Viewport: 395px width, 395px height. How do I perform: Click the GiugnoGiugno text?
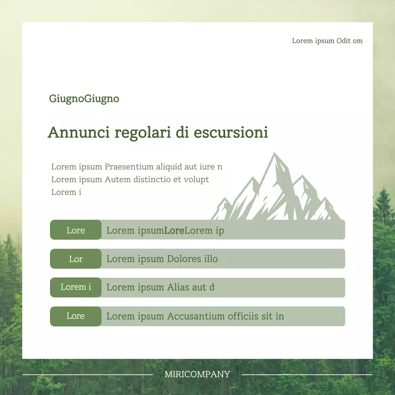tap(84, 99)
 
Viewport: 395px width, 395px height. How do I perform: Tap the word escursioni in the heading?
tap(231, 132)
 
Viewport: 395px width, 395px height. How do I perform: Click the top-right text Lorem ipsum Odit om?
tap(327, 41)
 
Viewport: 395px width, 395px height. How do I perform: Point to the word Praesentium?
tap(129, 167)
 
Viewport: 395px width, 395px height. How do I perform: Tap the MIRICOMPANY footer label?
tap(197, 374)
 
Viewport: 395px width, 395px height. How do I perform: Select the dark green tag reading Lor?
tap(76, 259)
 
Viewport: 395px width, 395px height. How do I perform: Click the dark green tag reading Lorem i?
tap(76, 287)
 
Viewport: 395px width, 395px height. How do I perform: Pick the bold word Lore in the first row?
tap(174, 230)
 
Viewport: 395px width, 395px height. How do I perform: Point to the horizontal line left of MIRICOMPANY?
tap(88, 375)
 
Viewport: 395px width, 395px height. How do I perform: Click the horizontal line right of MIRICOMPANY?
tap(307, 375)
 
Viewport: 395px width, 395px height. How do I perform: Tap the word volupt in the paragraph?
tap(196, 179)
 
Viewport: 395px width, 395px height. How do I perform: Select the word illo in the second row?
tap(210, 259)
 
